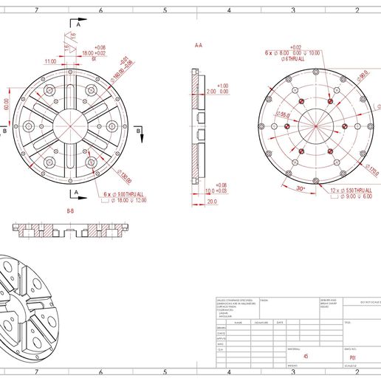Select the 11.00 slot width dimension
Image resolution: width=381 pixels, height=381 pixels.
tap(50, 61)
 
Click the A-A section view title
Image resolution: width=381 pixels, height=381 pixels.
tap(198, 46)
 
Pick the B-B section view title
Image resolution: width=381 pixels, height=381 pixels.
tap(71, 211)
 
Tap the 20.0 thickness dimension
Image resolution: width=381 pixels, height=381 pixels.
tap(212, 202)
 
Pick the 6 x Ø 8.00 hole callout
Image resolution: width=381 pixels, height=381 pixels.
tap(290, 53)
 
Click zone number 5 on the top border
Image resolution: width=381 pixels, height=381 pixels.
tap(165, 11)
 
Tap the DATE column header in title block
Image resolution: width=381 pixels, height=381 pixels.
tap(280, 323)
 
